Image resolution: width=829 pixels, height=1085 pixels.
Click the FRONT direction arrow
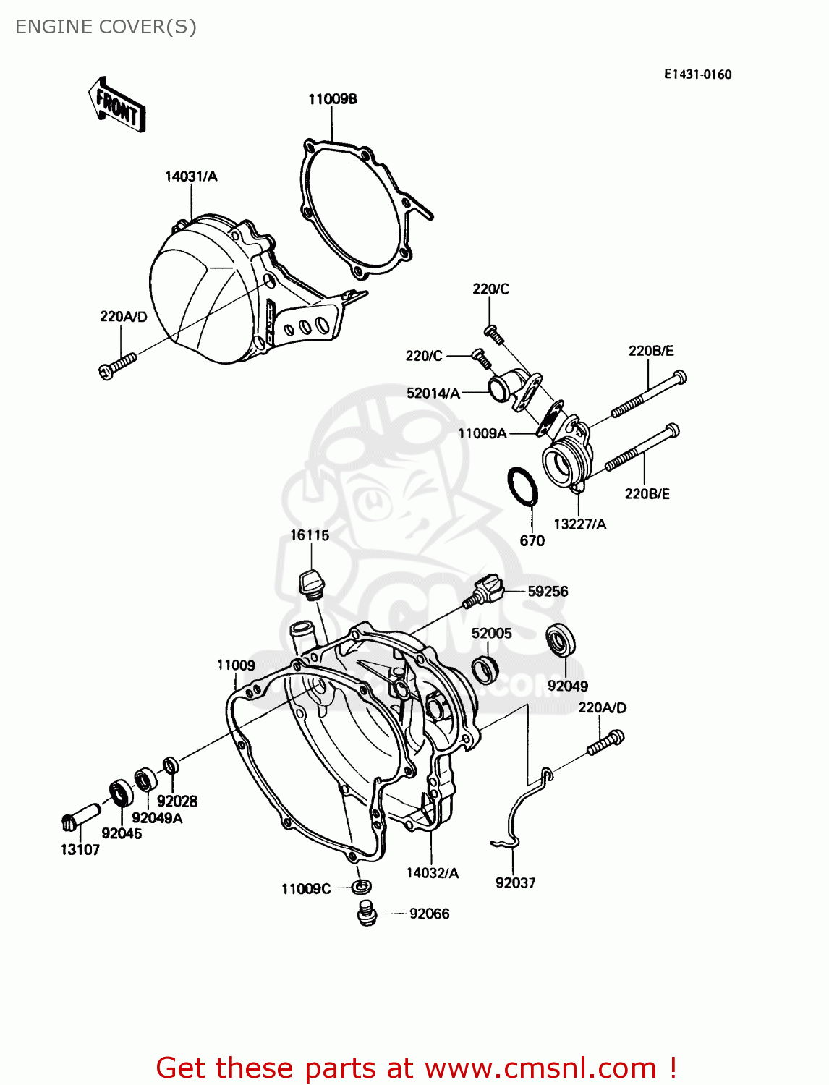117,106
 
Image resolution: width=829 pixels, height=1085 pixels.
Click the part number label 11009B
333,99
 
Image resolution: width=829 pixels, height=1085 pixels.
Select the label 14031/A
191,176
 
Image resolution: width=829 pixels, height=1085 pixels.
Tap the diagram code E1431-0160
697,75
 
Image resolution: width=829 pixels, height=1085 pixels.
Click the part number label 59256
548,591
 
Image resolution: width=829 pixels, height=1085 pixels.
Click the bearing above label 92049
561,639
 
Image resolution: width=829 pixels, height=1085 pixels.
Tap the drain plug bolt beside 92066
367,913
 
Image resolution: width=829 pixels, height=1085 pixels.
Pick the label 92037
515,882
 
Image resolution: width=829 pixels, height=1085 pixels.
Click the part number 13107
80,850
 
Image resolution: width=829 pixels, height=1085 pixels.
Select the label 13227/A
579,524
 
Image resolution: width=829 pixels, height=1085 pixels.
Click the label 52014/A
433,393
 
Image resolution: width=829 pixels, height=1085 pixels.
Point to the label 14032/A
432,873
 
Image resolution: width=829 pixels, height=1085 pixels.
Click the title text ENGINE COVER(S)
106,27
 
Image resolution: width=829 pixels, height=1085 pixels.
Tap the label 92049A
157,818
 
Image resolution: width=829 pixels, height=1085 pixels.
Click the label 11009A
482,433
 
